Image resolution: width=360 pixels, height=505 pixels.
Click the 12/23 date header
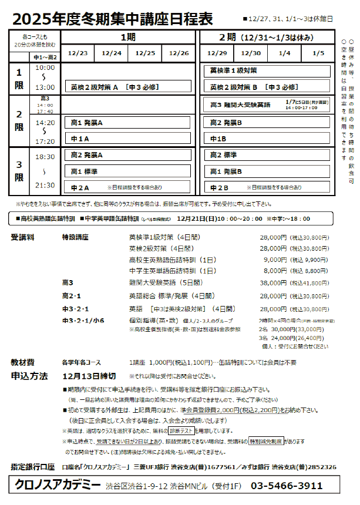[x=78, y=53]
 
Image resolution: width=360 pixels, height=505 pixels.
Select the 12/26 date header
[x=179, y=53]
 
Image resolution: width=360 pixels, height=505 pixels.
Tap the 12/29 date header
[x=217, y=53]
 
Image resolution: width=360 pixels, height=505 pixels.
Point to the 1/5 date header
[x=318, y=53]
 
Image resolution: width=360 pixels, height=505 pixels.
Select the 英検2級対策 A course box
[x=127, y=87]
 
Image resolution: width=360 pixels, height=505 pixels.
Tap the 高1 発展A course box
[x=127, y=123]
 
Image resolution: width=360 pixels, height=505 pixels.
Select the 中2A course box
[x=127, y=187]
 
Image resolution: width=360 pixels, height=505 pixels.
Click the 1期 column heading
[x=128, y=37]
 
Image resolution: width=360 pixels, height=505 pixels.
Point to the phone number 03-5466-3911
[x=287, y=486]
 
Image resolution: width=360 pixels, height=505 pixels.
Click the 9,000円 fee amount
[x=275, y=260]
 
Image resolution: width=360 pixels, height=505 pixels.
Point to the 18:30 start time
[x=45, y=157]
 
